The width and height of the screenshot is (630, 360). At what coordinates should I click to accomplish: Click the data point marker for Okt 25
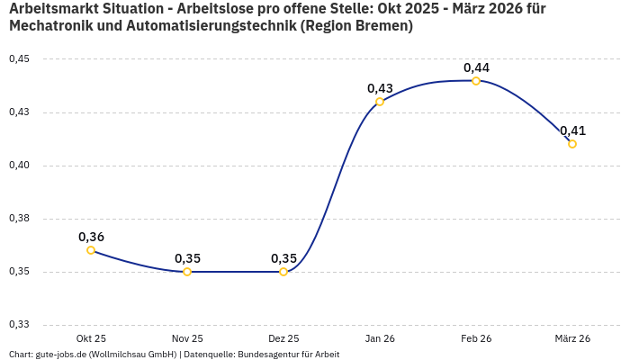click(91, 250)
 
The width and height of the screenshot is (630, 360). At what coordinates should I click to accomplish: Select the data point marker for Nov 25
click(187, 272)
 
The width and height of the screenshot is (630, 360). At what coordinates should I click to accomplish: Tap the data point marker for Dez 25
click(283, 272)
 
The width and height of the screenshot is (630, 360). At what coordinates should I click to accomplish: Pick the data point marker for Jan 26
click(380, 102)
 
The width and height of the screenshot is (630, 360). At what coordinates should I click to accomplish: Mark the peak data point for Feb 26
click(476, 81)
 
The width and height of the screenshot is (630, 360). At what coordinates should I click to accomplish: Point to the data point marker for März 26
click(572, 144)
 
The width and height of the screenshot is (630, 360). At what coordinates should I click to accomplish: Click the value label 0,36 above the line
click(91, 237)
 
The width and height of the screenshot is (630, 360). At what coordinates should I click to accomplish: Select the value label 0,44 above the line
click(476, 67)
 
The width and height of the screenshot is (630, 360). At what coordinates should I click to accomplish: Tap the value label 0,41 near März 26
click(572, 130)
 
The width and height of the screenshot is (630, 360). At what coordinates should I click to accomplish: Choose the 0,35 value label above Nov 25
click(187, 258)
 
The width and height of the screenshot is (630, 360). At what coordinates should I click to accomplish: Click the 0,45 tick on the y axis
click(19, 59)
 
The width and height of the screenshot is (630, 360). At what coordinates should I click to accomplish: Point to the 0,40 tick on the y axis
click(19, 166)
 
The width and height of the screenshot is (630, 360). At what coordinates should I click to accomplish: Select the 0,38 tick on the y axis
click(19, 219)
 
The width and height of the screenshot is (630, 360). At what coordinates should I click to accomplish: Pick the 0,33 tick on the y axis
click(19, 325)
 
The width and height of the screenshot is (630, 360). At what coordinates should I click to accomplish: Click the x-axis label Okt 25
click(91, 338)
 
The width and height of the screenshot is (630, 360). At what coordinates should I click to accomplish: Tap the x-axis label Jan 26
click(380, 338)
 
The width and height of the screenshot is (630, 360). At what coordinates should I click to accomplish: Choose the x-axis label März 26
click(572, 338)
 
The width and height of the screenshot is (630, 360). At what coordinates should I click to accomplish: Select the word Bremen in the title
click(382, 26)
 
